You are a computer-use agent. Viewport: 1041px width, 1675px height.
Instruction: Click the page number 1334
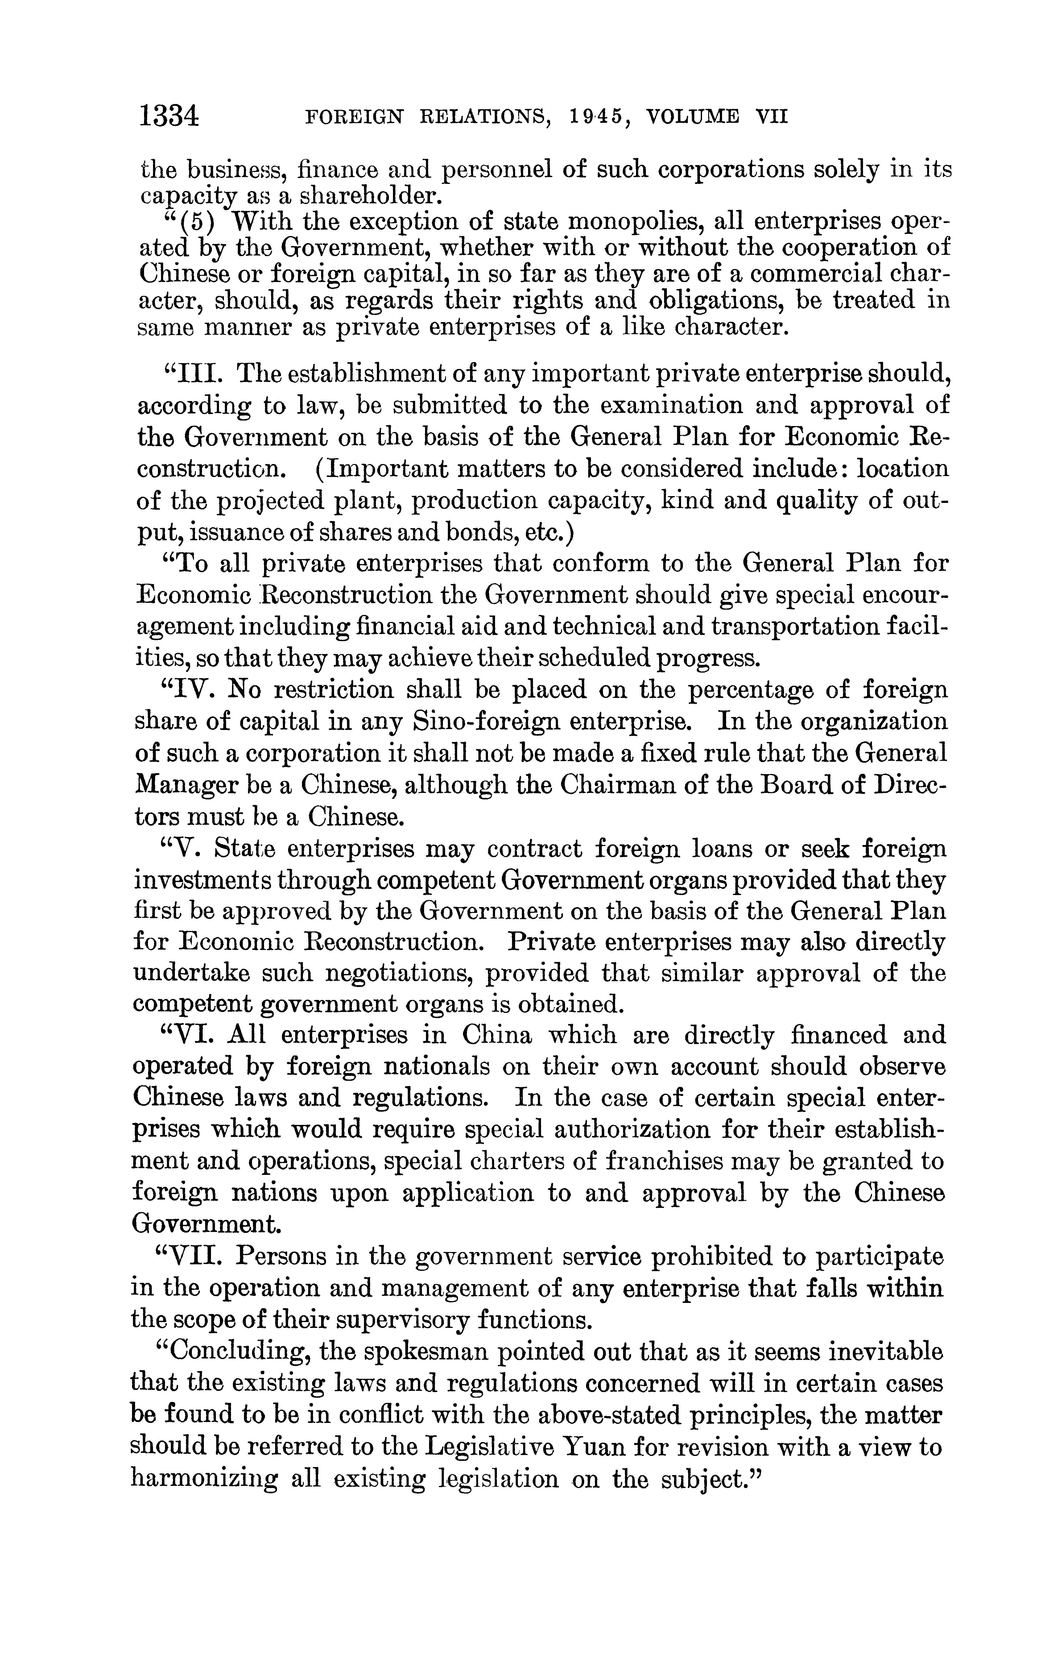point(169,115)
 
